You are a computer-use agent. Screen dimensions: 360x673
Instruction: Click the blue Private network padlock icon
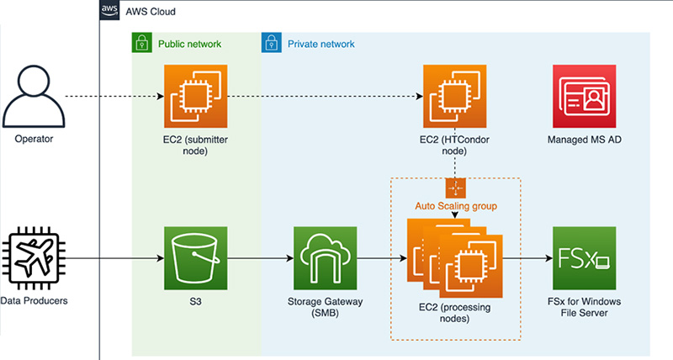pyautogui.click(x=272, y=43)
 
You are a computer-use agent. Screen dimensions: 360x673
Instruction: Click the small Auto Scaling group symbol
pyautogui.click(x=454, y=188)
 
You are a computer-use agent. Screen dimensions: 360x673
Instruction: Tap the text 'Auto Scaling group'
pyautogui.click(x=454, y=204)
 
